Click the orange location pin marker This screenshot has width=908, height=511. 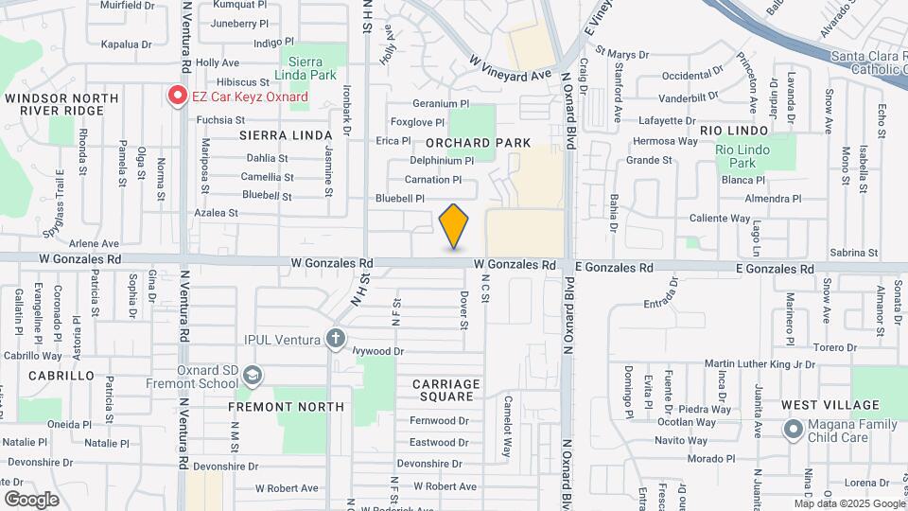[x=454, y=225]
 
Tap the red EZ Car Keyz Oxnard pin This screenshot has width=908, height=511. [x=177, y=96]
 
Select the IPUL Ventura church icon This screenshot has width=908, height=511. [x=335, y=338]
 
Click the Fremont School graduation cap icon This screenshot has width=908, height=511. [x=253, y=377]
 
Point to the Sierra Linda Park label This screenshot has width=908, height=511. [x=306, y=66]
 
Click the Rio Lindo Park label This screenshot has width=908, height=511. [x=742, y=156]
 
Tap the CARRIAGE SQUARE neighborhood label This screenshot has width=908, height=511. [x=446, y=390]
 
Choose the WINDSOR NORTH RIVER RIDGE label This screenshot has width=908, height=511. [x=61, y=104]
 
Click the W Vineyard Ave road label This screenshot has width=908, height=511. [x=510, y=66]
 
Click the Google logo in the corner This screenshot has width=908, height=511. [x=31, y=499]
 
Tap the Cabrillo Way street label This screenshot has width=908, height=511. [x=32, y=357]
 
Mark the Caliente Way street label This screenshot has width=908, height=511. [x=720, y=219]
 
